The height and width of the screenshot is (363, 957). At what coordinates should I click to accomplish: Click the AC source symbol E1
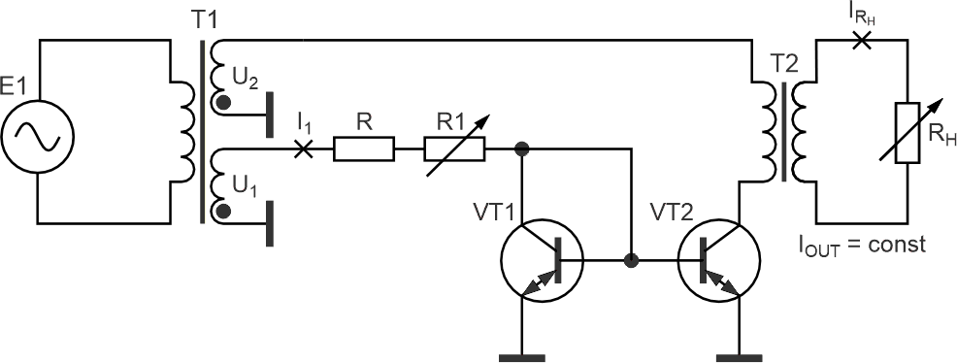[x=38, y=136]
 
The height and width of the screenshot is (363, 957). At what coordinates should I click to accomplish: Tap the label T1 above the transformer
[x=204, y=20]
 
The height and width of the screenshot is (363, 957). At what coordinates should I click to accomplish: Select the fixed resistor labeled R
[x=364, y=148]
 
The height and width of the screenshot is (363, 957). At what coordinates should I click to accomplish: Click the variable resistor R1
[x=454, y=148]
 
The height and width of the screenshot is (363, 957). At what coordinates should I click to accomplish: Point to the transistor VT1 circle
[x=542, y=260]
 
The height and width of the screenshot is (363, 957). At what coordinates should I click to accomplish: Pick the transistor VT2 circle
[x=719, y=260]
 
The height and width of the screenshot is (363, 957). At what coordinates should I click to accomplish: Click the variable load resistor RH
[x=907, y=133]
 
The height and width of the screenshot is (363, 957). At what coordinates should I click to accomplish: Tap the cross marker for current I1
[x=304, y=148]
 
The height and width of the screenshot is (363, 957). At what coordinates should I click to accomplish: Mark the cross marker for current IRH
[x=862, y=40]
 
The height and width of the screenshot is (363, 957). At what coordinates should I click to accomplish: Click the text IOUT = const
[x=862, y=245]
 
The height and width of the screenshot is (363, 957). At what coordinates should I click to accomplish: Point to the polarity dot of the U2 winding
[x=225, y=102]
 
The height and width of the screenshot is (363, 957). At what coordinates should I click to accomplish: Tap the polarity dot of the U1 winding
[x=225, y=211]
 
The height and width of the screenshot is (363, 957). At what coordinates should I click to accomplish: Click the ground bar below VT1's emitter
[x=522, y=358]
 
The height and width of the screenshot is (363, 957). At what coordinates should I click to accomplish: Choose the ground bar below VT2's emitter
[x=740, y=358]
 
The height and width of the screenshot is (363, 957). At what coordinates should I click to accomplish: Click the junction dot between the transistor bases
[x=631, y=260]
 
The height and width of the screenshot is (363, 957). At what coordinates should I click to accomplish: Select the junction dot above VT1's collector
[x=522, y=148]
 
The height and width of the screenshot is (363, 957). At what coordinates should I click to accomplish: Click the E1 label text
[x=14, y=88]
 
